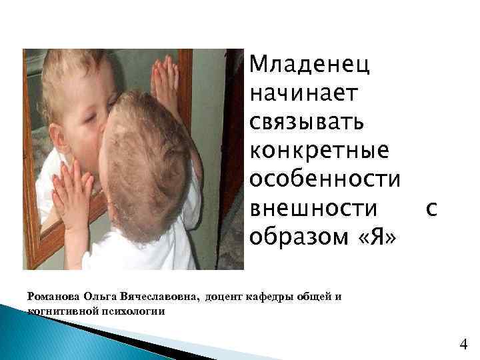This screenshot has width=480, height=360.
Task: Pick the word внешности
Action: point(313,208)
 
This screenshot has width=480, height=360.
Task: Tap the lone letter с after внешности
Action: point(431,209)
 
